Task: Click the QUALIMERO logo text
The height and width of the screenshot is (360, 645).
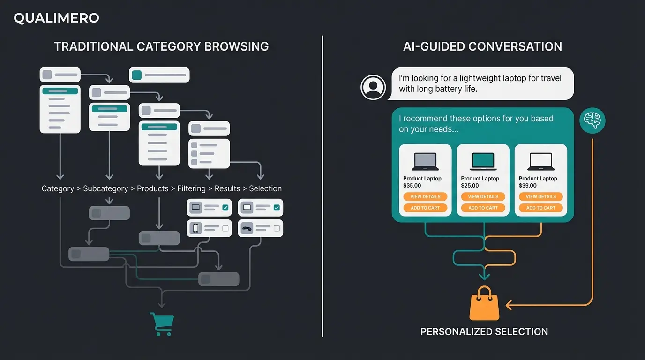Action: tap(56, 18)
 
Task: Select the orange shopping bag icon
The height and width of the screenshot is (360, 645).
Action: tap(484, 305)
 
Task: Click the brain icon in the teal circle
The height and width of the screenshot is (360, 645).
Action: tap(592, 120)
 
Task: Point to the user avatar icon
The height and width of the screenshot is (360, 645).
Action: tap(373, 87)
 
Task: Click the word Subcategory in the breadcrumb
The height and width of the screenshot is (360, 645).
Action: tap(105, 188)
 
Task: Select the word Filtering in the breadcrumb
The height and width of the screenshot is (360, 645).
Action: tap(191, 188)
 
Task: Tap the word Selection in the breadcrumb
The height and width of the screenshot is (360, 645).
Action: tap(265, 188)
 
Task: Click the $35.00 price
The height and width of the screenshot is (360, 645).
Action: tap(412, 186)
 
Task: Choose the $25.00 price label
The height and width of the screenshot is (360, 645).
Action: tap(470, 186)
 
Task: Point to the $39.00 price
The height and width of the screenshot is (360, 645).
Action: tap(528, 186)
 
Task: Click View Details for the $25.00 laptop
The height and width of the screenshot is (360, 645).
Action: tap(483, 197)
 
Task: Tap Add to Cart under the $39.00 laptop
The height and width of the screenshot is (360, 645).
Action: tap(540, 208)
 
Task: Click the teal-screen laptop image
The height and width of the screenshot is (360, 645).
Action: tap(483, 161)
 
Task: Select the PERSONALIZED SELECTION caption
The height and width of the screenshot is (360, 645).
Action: tap(484, 332)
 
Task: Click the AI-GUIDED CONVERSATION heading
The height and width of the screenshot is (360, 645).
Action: tap(482, 46)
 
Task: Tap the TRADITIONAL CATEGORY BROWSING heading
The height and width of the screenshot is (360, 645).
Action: tap(161, 46)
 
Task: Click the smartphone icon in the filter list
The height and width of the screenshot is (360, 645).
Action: tap(196, 228)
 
